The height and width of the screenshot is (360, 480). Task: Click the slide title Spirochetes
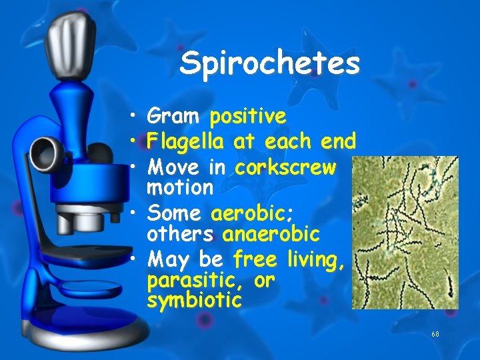point(269,63)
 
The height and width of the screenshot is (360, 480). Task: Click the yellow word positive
point(248,117)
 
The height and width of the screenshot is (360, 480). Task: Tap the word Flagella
point(186,141)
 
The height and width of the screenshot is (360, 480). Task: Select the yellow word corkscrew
point(285,166)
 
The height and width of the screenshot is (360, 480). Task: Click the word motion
point(179,187)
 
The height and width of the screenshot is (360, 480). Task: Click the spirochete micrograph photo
point(405,233)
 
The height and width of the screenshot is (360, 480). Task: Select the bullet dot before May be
point(135,259)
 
